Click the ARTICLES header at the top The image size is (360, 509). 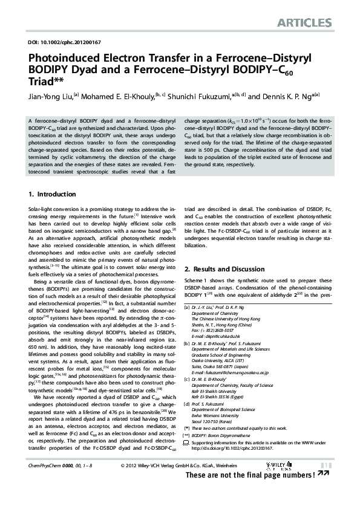[x=305, y=24]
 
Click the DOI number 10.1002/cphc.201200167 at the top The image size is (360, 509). [x=64, y=43]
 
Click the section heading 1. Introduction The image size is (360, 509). [x=52, y=195]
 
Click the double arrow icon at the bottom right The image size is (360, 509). [x=324, y=474]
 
